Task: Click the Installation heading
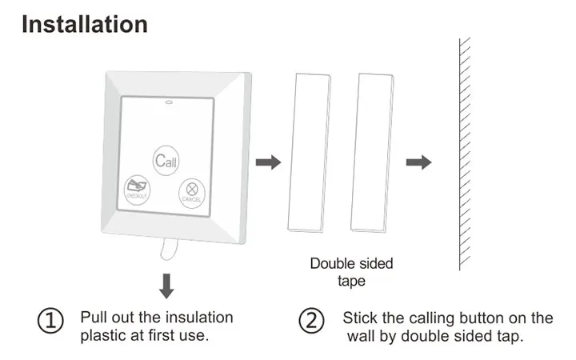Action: pyautogui.click(x=84, y=24)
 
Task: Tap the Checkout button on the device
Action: pyautogui.click(x=137, y=189)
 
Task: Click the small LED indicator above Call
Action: pyautogui.click(x=169, y=102)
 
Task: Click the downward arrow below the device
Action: pyautogui.click(x=166, y=285)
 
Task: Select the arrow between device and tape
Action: pyautogui.click(x=268, y=162)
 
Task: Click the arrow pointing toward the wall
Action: pyautogui.click(x=418, y=162)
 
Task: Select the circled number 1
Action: pyautogui.click(x=51, y=322)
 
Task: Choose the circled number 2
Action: pyautogui.click(x=311, y=322)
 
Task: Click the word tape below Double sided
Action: pyautogui.click(x=351, y=281)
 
